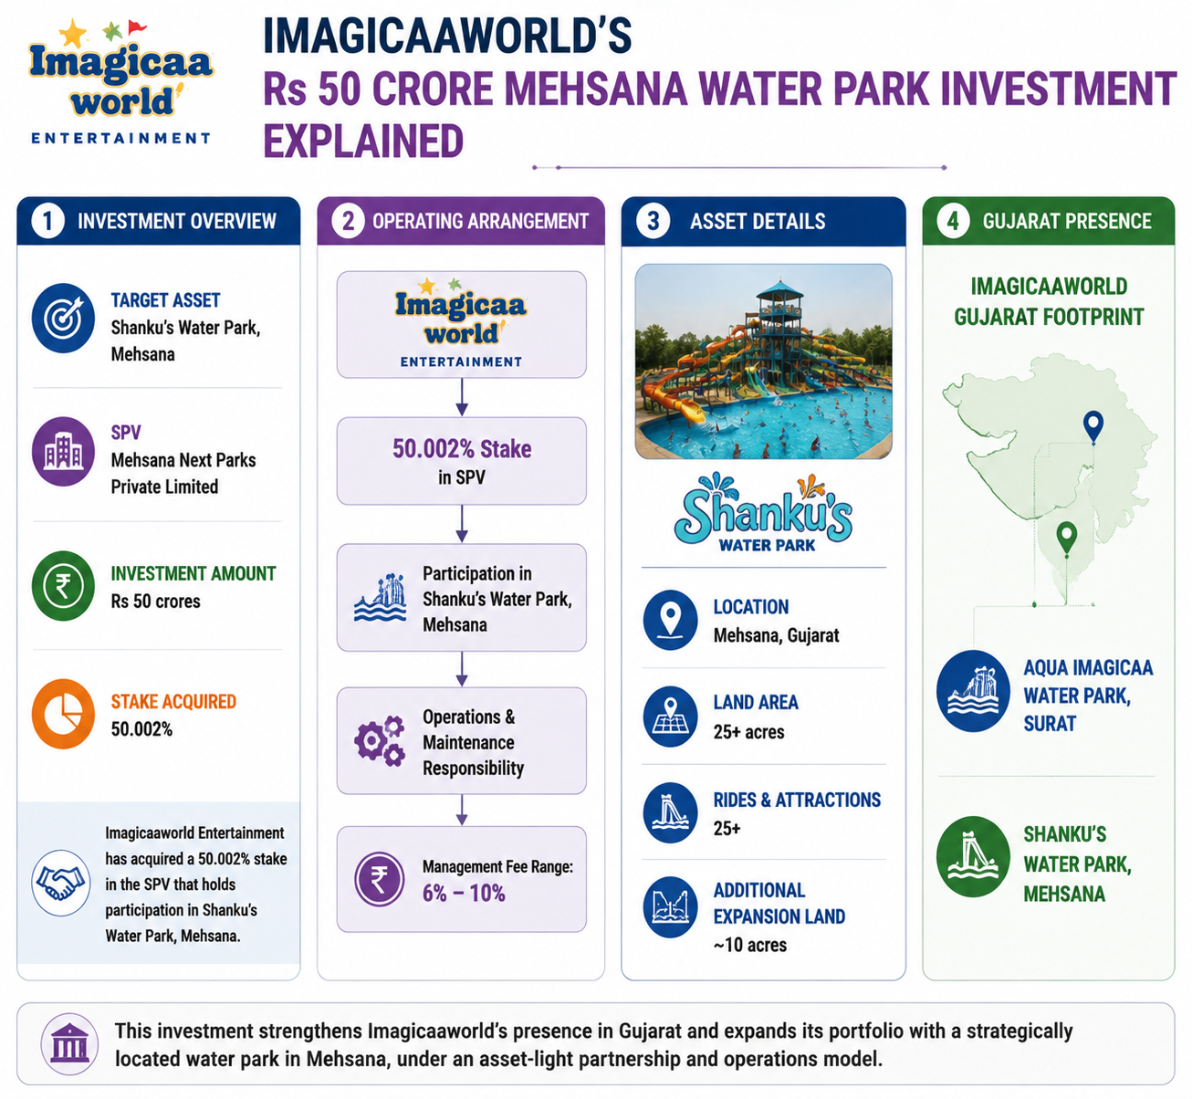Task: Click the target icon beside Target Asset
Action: pyautogui.click(x=63, y=318)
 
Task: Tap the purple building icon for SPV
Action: pyautogui.click(x=63, y=452)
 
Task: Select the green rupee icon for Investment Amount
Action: pyautogui.click(x=63, y=585)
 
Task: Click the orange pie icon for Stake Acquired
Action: pyautogui.click(x=63, y=714)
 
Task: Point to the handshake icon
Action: pyautogui.click(x=60, y=882)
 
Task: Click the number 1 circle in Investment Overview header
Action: pyautogui.click(x=47, y=221)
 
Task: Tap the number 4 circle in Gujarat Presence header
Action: pyautogui.click(x=953, y=221)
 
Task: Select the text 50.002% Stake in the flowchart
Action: pyautogui.click(x=462, y=448)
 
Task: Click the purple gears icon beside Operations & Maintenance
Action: pyautogui.click(x=380, y=740)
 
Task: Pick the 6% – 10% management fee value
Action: pyautogui.click(x=464, y=894)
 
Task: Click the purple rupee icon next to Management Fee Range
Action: pyautogui.click(x=379, y=879)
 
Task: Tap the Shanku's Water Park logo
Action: pyautogui.click(x=763, y=513)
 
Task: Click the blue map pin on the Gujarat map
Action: pyautogui.click(x=1093, y=427)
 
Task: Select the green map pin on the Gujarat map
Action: pyautogui.click(x=1066, y=538)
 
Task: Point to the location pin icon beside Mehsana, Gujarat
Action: pyautogui.click(x=670, y=620)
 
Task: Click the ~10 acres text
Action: pyautogui.click(x=749, y=945)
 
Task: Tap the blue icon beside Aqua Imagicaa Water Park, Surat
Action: pyautogui.click(x=973, y=691)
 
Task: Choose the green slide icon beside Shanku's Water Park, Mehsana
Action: pyautogui.click(x=973, y=856)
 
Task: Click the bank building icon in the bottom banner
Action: pyautogui.click(x=69, y=1044)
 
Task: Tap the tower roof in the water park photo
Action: pyautogui.click(x=779, y=290)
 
